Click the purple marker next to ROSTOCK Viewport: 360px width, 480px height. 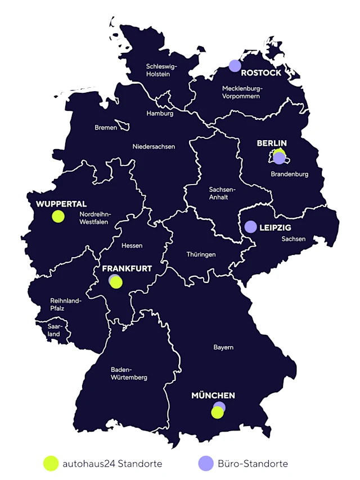235,66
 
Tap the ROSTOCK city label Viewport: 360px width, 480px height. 262,73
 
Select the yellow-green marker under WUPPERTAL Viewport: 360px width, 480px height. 58,216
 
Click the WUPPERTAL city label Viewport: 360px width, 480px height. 61,204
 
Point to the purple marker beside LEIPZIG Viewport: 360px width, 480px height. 251,227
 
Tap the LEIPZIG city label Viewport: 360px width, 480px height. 275,228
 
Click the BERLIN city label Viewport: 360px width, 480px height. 272,143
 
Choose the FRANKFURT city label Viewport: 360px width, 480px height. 127,268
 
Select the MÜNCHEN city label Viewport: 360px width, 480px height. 213,396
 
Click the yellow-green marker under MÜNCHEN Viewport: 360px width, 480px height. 217,413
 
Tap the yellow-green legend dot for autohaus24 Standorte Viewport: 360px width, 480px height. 51,463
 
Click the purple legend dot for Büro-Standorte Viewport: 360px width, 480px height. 206,463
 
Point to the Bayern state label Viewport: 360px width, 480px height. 223,347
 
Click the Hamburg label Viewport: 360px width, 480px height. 160,113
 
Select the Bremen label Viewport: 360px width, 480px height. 106,128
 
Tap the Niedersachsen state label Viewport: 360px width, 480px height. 154,147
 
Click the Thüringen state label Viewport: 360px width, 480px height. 201,254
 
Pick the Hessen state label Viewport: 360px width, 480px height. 132,245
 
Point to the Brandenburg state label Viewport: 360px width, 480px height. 289,174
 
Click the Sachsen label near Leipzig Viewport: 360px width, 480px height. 294,239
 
